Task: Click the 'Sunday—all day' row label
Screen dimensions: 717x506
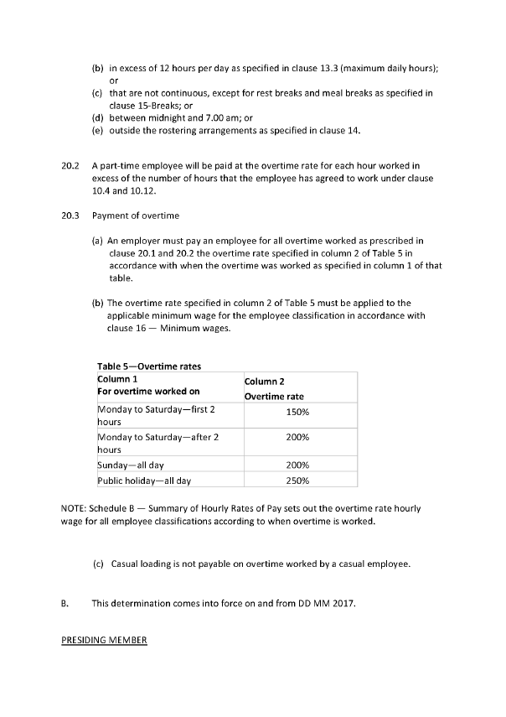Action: tap(133, 465)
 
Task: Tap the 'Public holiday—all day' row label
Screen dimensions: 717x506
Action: tap(144, 481)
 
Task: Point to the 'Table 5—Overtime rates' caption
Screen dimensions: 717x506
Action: tap(149, 366)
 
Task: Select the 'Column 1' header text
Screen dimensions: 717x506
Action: tap(118, 379)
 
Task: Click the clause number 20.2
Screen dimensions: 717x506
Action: tap(70, 168)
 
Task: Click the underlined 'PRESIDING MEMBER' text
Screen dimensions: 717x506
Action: tap(104, 641)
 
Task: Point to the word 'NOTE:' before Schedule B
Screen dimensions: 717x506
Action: tap(75, 508)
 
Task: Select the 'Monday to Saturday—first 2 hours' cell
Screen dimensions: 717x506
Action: tap(157, 415)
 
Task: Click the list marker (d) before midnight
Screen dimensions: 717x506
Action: tap(97, 118)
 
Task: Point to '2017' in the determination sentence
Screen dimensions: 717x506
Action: tap(341, 602)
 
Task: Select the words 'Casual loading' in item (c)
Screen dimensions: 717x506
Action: tap(140, 564)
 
